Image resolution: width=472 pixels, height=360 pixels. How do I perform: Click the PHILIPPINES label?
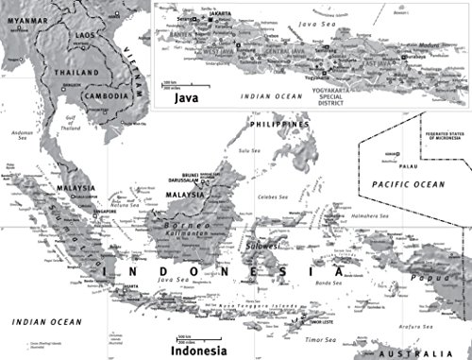pyautogui.click(x=279, y=125)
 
